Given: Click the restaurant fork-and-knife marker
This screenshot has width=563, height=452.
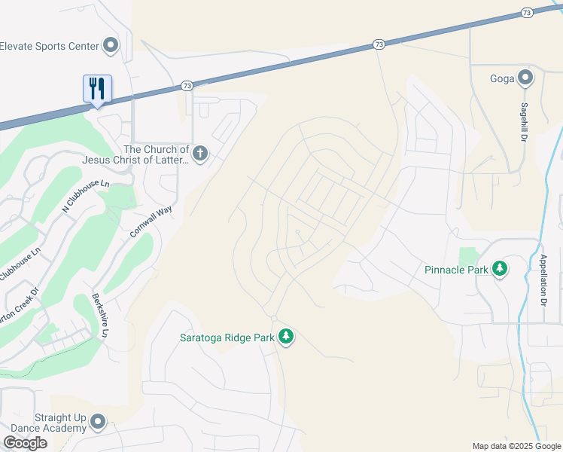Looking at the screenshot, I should pyautogui.click(x=97, y=88).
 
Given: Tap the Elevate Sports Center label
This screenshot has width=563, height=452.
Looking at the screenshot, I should pyautogui.click(x=50, y=46).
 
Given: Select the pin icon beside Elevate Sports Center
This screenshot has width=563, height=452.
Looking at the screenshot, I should pyautogui.click(x=111, y=46).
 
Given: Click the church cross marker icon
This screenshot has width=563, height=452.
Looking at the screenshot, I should pyautogui.click(x=199, y=154).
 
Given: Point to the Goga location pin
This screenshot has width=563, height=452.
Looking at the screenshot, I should pyautogui.click(x=525, y=77).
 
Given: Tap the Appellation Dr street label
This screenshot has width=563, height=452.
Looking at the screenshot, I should pyautogui.click(x=543, y=280).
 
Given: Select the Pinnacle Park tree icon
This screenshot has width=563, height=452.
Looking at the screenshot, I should pyautogui.click(x=500, y=269).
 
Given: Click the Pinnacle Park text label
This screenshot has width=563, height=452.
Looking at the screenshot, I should pyautogui.click(x=455, y=269).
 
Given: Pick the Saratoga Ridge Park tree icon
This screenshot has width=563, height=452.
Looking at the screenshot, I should pyautogui.click(x=285, y=337).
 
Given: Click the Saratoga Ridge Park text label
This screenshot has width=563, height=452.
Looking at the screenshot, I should pyautogui.click(x=227, y=337).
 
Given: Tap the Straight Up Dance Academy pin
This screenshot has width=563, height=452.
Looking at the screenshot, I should pyautogui.click(x=98, y=422).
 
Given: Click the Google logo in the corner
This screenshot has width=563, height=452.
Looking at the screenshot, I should pyautogui.click(x=25, y=442).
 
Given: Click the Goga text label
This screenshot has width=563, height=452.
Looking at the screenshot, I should pyautogui.click(x=501, y=77).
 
